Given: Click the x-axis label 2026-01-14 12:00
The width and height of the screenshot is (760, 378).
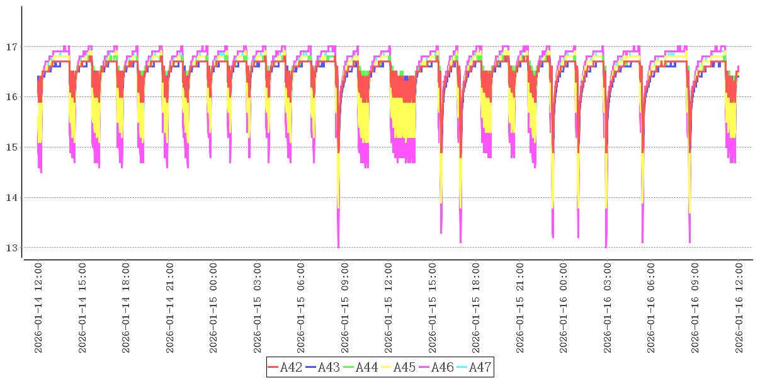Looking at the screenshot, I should [x=38, y=308].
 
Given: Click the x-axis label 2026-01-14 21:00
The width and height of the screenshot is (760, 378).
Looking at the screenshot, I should [x=170, y=308].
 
